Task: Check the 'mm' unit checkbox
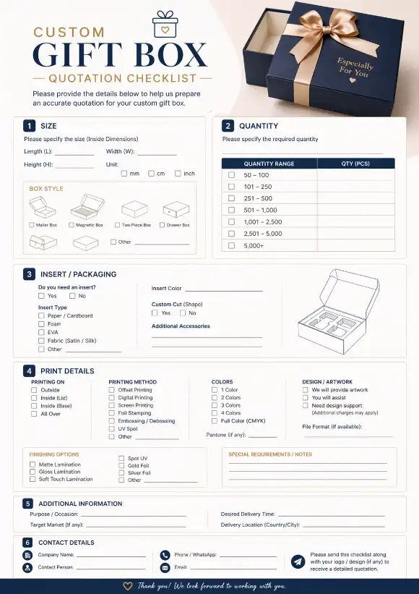pyautogui.click(x=124, y=174)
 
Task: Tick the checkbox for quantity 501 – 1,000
pyautogui.click(x=231, y=211)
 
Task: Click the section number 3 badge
pyautogui.click(x=29, y=274)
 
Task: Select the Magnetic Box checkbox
pyautogui.click(x=72, y=225)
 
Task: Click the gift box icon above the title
pyautogui.click(x=165, y=25)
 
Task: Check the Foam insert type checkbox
pyautogui.click(x=42, y=324)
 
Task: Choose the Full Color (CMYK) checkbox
pyautogui.click(x=215, y=421)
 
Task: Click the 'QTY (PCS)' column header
pyautogui.click(x=355, y=164)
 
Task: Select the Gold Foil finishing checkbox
pyautogui.click(x=121, y=465)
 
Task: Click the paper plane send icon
pyautogui.click(x=298, y=561)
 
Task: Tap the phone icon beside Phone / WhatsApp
pyautogui.click(x=165, y=555)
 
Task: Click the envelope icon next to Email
pyautogui.click(x=165, y=568)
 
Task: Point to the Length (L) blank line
pyautogui.click(x=74, y=154)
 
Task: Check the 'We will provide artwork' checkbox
pyautogui.click(x=306, y=390)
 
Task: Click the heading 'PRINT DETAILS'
pyautogui.click(x=66, y=371)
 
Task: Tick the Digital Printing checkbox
pyautogui.click(x=112, y=398)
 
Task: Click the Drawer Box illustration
pyautogui.click(x=175, y=211)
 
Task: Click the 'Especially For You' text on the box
pyautogui.click(x=355, y=68)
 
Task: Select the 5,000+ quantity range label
pyautogui.click(x=254, y=246)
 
